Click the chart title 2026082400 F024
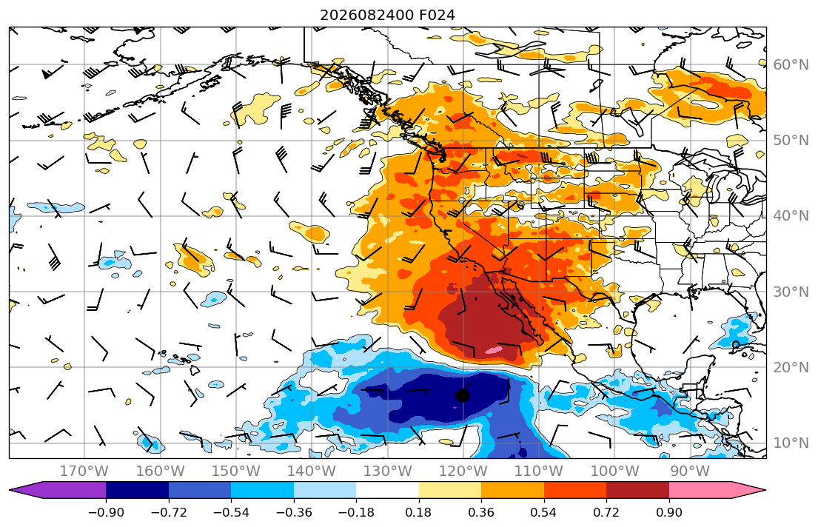click(x=387, y=15)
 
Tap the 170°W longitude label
click(x=84, y=471)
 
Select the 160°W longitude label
click(x=160, y=471)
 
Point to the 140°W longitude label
click(x=312, y=471)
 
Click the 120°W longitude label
click(x=463, y=471)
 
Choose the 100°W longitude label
click(x=614, y=471)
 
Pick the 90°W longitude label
click(x=690, y=471)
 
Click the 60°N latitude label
click(x=791, y=64)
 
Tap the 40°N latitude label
click(x=791, y=215)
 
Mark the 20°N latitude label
click(x=791, y=367)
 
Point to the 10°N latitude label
click(x=791, y=443)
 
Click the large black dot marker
click(x=463, y=395)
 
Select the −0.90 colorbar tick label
click(x=106, y=512)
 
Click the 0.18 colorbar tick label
click(x=419, y=512)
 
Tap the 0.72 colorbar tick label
click(x=606, y=512)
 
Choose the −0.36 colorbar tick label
click(x=294, y=512)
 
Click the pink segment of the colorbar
click(x=700, y=490)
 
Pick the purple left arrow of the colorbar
click(x=58, y=490)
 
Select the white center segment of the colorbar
click(x=388, y=490)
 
